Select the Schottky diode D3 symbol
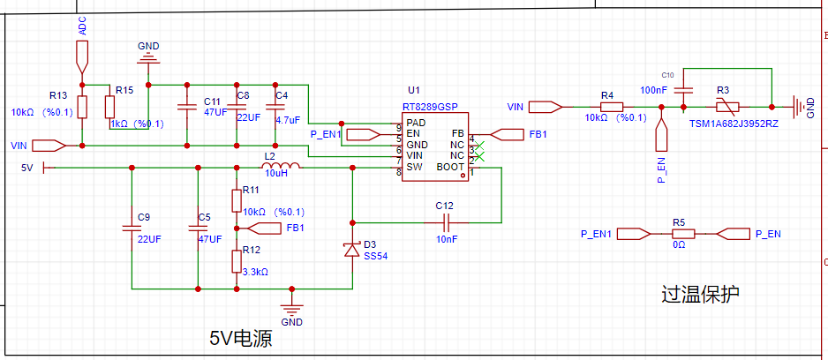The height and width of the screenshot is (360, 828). tap(352, 250)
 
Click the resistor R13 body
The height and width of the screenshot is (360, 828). tap(82, 107)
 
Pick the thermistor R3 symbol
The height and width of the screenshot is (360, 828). tap(730, 107)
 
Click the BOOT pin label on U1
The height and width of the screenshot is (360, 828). tap(450, 168)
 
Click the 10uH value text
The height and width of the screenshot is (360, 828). tap(275, 174)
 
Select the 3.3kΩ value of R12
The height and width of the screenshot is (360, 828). tap(256, 273)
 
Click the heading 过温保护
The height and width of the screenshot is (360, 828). tap(700, 294)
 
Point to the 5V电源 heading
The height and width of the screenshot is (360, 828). tap(241, 337)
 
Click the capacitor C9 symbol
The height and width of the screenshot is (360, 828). tap(132, 228)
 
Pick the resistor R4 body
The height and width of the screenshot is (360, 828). tap(612, 107)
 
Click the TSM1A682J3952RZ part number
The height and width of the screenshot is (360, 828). tap(734, 124)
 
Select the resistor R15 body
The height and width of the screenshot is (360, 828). tap(109, 107)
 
